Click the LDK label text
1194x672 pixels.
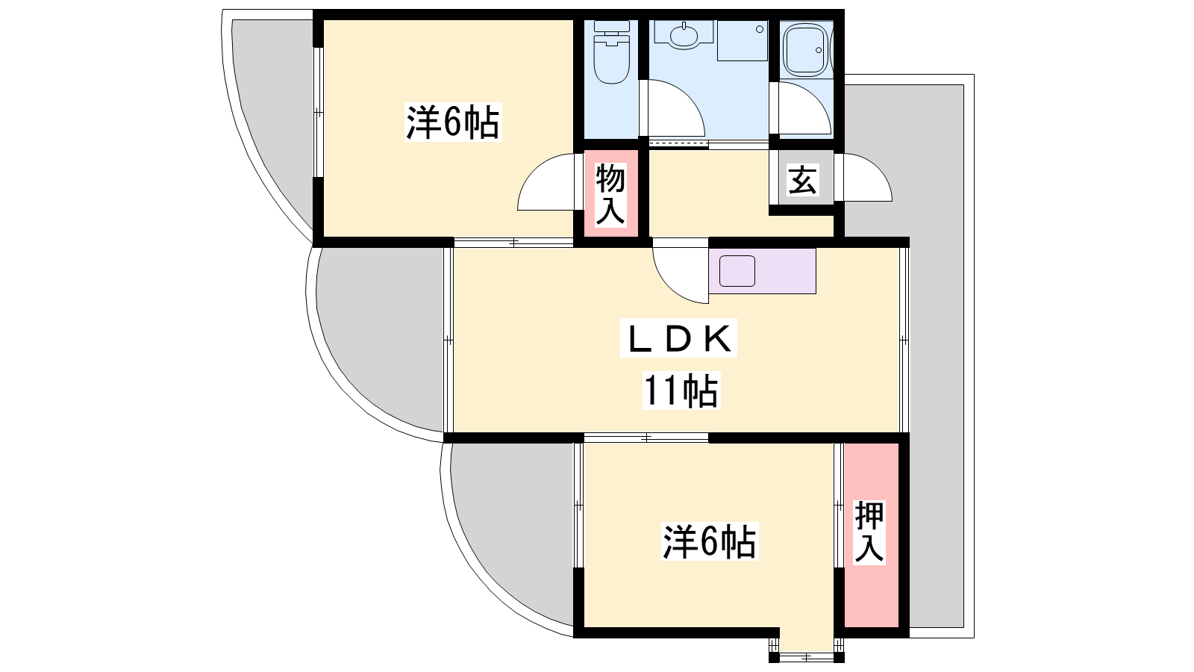[678, 338]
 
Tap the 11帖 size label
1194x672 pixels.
[681, 391]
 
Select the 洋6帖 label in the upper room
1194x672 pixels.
[453, 122]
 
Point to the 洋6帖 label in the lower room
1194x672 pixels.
[710, 542]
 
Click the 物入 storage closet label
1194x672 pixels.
[610, 194]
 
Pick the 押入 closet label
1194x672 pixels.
[869, 532]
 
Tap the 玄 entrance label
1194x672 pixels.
[802, 180]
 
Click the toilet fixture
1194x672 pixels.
[611, 52]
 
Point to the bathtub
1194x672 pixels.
[807, 50]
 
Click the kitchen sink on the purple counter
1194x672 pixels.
[737, 271]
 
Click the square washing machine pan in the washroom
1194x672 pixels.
[743, 40]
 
